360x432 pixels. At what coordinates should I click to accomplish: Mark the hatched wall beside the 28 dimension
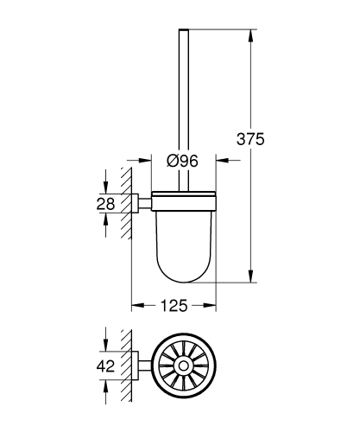coord(125,204)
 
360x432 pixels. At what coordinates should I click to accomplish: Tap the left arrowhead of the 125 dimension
coord(136,305)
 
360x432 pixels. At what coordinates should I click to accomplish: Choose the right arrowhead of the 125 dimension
coord(212,305)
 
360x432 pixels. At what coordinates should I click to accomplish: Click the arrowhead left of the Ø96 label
coord(148,160)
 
